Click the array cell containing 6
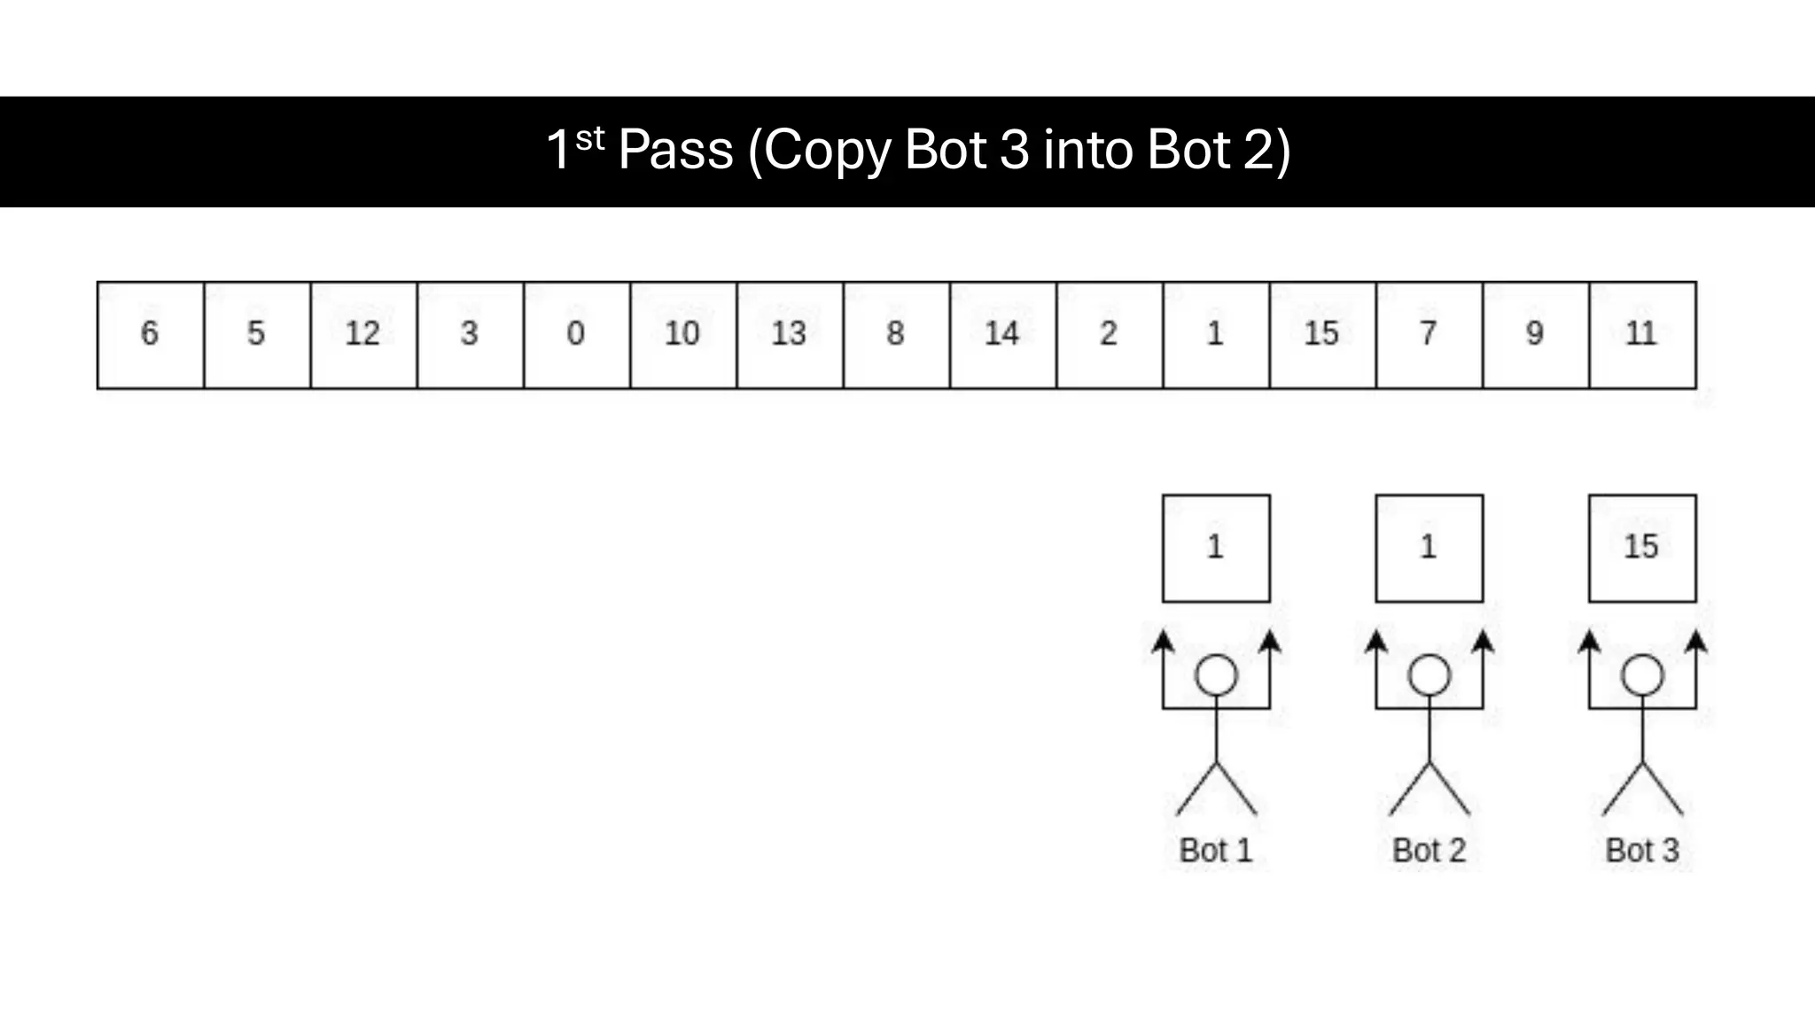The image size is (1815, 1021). tap(150, 335)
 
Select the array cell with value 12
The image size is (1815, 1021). tap(363, 335)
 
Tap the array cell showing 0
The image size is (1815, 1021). tap(576, 335)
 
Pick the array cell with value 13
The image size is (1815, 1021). tap(789, 335)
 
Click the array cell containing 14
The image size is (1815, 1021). tap(1002, 335)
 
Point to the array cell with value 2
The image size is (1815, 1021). tap(1109, 335)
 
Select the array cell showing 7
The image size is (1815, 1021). tap(1429, 335)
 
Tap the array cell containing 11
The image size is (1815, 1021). tap(1642, 335)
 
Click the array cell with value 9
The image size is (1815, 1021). tap(1535, 335)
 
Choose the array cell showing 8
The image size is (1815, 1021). tap(896, 335)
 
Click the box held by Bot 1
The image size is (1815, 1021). tap(1216, 549)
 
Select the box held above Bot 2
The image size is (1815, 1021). tap(1429, 549)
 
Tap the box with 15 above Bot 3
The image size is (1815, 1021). tap(1642, 549)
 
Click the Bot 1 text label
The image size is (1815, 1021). tap(1216, 851)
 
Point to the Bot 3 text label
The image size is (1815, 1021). tap(1642, 851)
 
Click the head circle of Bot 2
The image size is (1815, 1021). tap(1429, 676)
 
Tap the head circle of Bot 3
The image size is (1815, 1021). tap(1642, 676)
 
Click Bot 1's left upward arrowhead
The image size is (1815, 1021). tap(1164, 642)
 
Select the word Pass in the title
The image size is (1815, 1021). tap(675, 150)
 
